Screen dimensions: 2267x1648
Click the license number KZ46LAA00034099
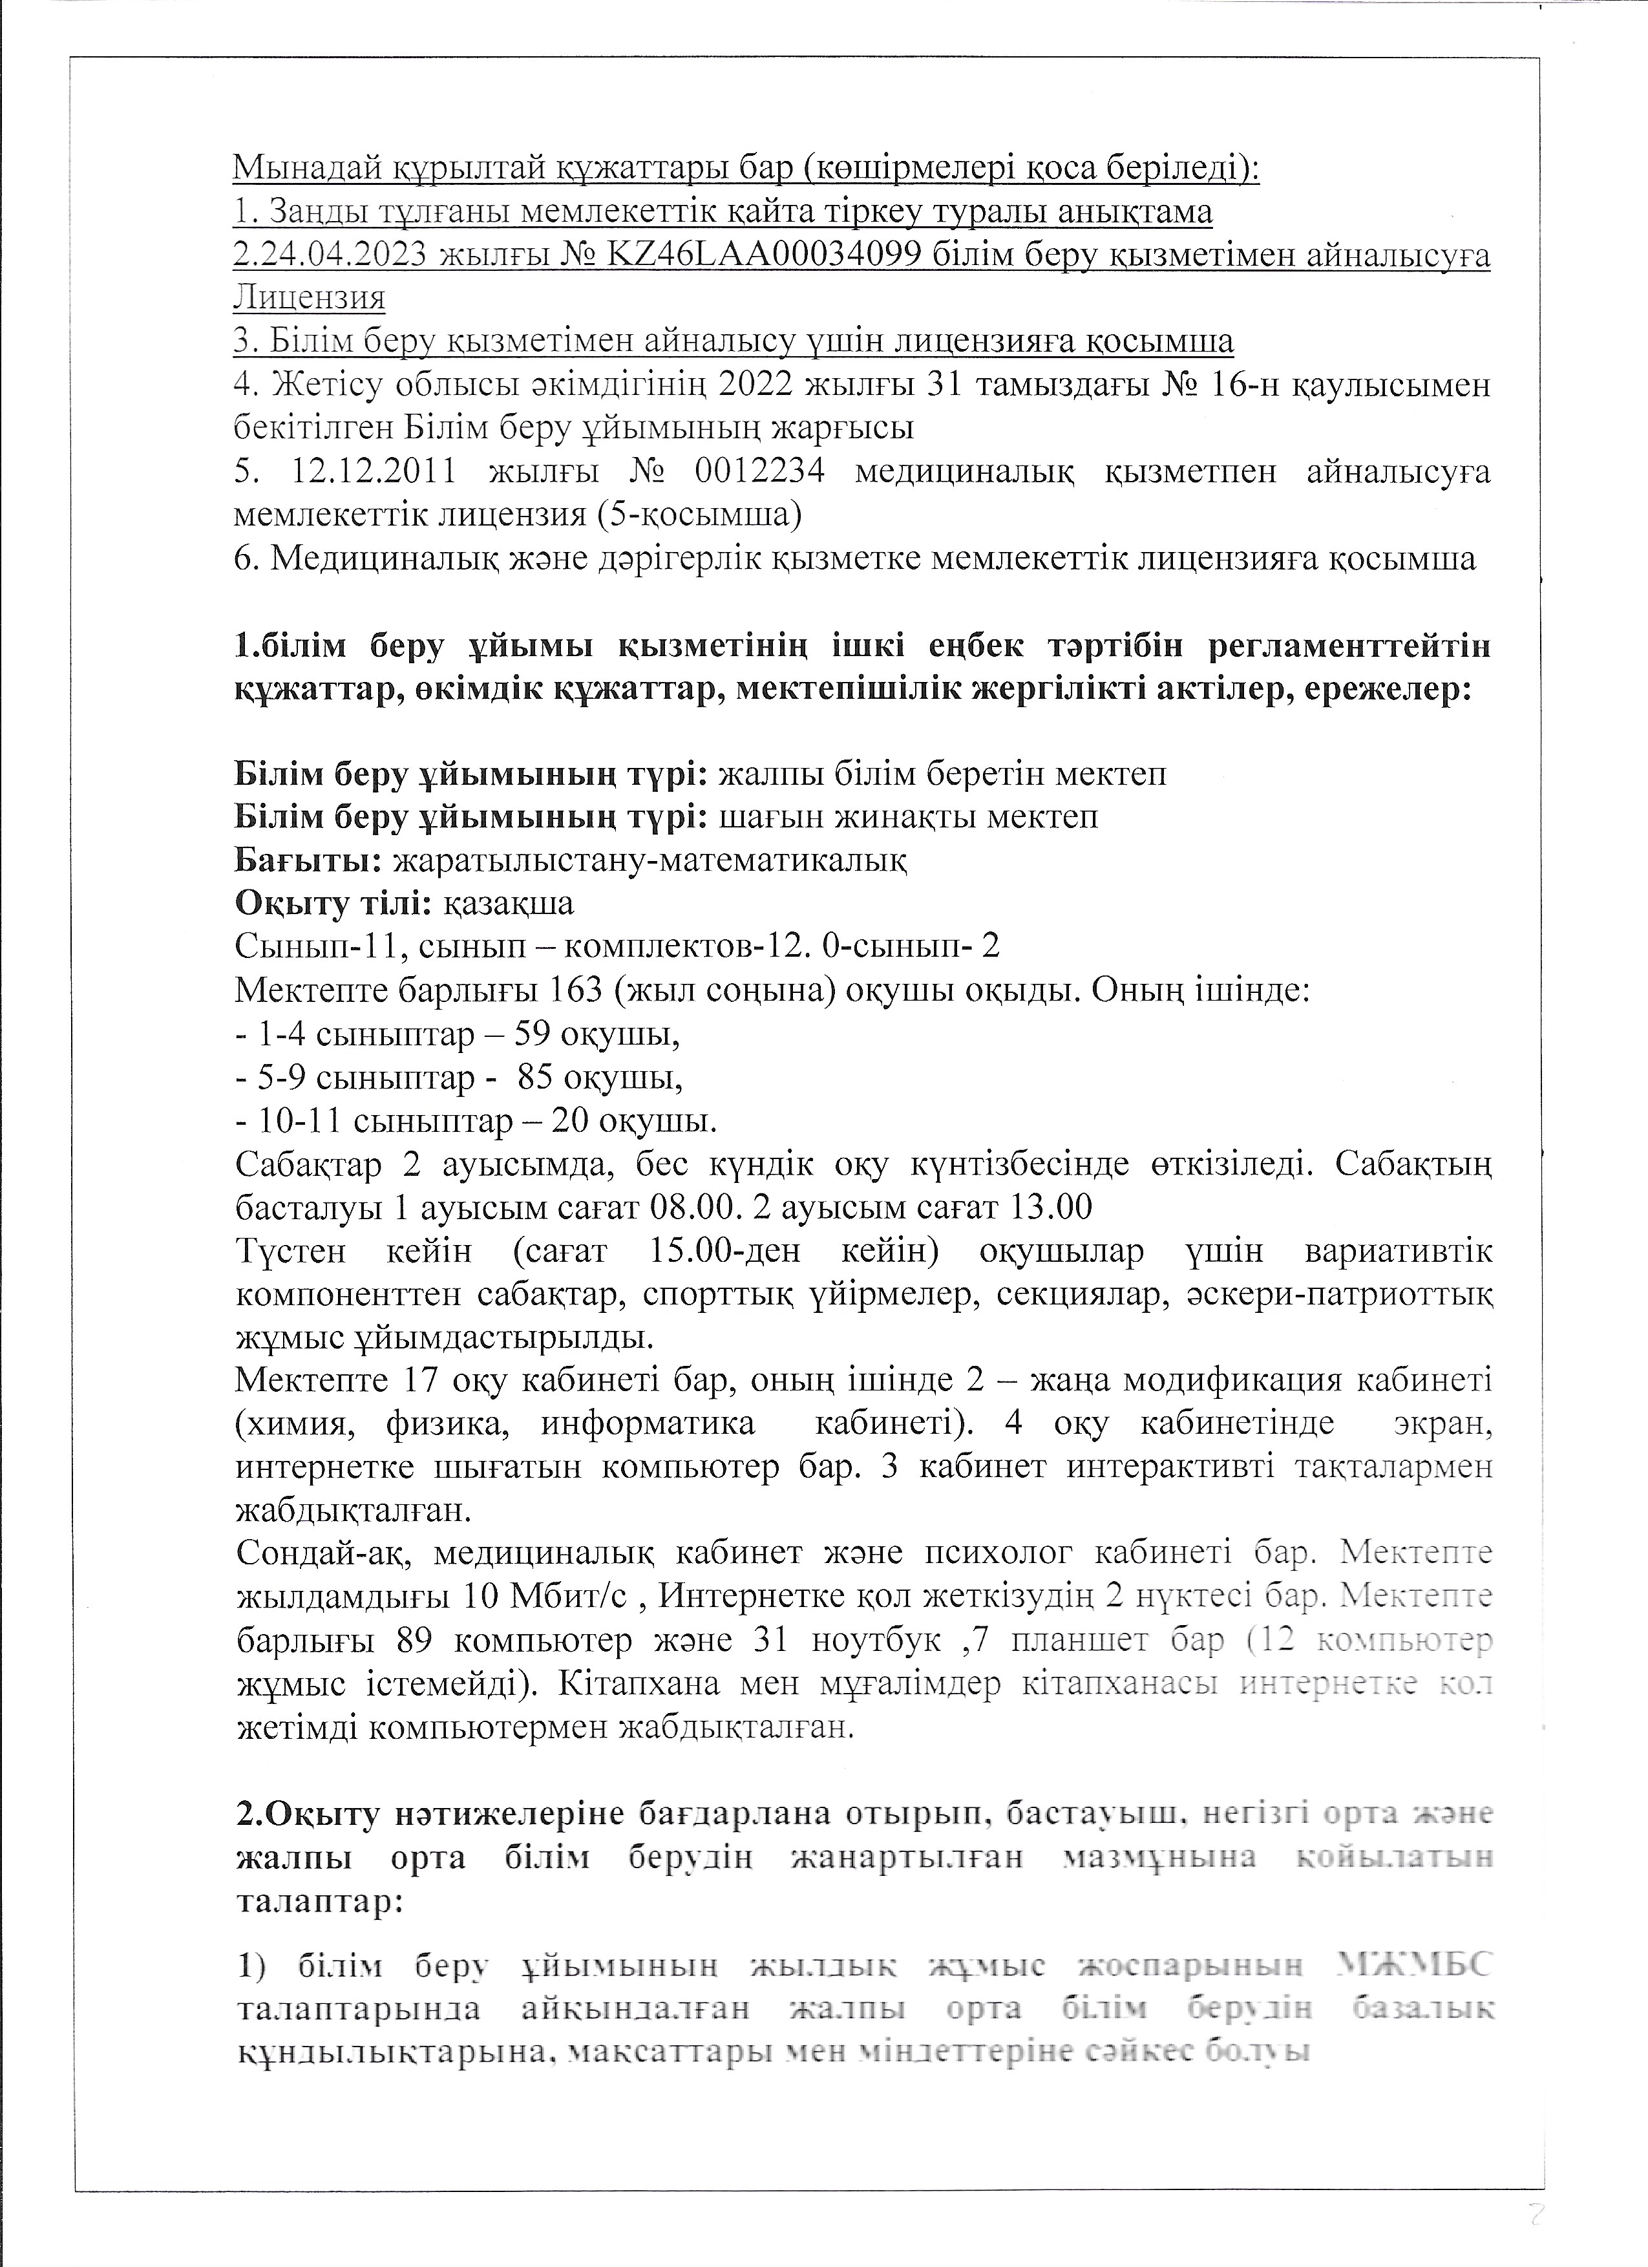click(x=759, y=256)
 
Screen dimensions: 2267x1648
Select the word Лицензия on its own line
click(x=309, y=299)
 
